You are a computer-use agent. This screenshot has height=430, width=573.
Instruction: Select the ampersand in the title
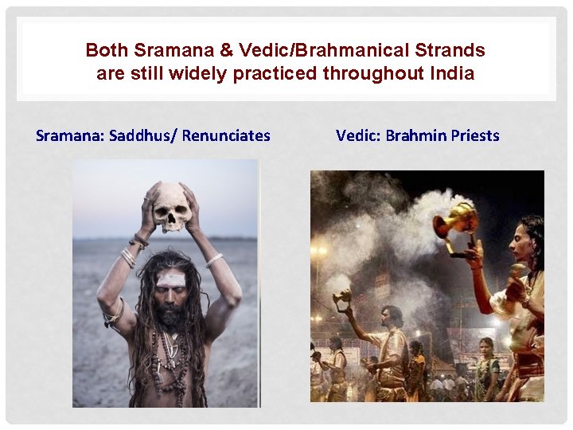point(227,50)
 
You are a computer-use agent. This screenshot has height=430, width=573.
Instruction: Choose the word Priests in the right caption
point(475,135)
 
